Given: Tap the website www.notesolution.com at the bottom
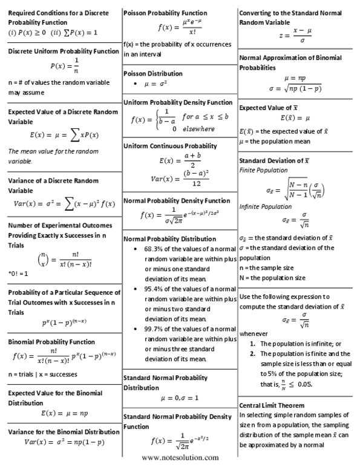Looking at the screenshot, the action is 180,458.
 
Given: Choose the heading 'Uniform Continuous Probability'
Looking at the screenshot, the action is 170,146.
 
